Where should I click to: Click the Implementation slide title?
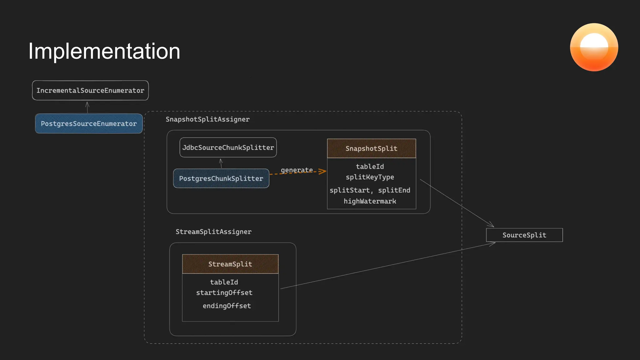[x=104, y=51]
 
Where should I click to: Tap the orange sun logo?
[x=594, y=47]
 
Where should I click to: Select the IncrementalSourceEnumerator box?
[x=90, y=91]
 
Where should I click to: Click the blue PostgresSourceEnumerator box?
[x=89, y=124]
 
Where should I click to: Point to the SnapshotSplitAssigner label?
[x=207, y=119]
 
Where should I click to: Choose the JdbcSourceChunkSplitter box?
[x=228, y=147]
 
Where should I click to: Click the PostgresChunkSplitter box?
[x=221, y=178]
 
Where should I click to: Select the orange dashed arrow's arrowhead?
[x=322, y=171]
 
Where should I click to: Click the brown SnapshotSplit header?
[x=371, y=148]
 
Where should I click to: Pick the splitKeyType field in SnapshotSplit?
[x=370, y=177]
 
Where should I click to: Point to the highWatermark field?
[x=370, y=201]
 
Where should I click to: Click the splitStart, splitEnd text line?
[x=370, y=190]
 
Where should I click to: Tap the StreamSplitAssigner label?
[x=213, y=232]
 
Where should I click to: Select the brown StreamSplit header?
[x=230, y=264]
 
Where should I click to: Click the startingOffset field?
[x=224, y=293]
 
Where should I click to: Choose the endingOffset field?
[x=227, y=306]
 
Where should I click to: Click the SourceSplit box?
[x=524, y=235]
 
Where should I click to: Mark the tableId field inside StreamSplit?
[x=224, y=282]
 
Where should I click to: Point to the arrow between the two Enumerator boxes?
[x=87, y=107]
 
